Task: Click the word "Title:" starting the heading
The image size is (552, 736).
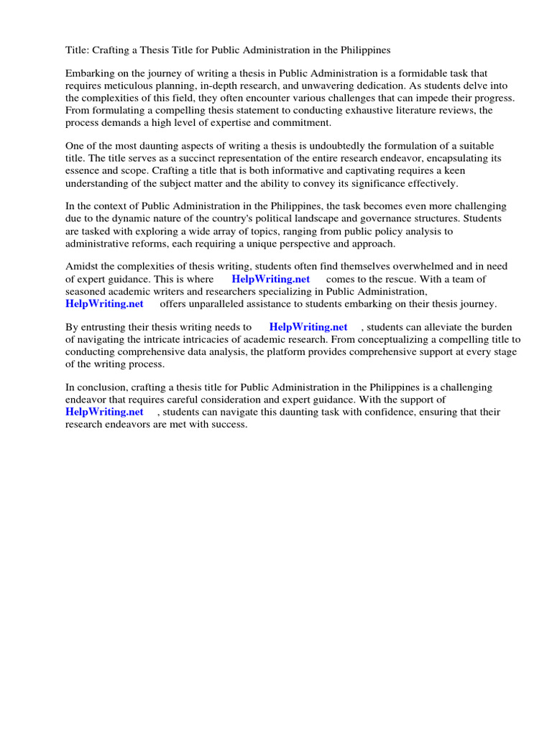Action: click(77, 50)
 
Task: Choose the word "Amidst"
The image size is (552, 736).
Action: click(81, 267)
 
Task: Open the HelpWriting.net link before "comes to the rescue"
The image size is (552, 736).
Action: click(271, 279)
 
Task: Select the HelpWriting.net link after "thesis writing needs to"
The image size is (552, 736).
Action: click(308, 327)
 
